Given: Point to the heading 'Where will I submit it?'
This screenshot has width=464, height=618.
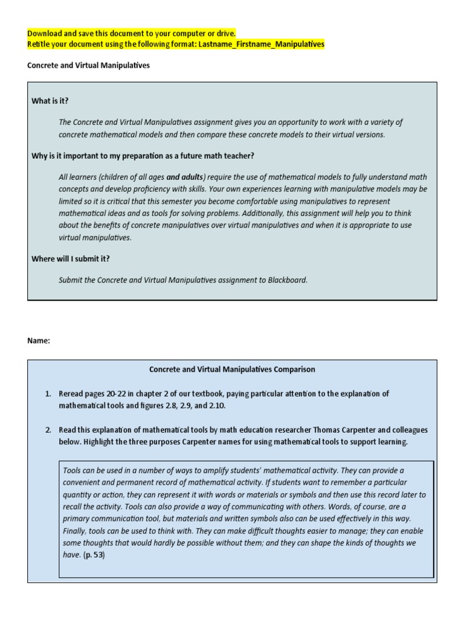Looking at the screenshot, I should (x=71, y=259).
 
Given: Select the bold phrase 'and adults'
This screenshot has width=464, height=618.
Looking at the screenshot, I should (x=185, y=177).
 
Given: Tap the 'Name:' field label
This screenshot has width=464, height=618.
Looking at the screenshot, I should (x=39, y=340).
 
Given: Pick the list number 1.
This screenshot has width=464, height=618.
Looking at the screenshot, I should (x=48, y=393).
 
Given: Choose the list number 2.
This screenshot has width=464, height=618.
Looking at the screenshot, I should (x=48, y=430).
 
